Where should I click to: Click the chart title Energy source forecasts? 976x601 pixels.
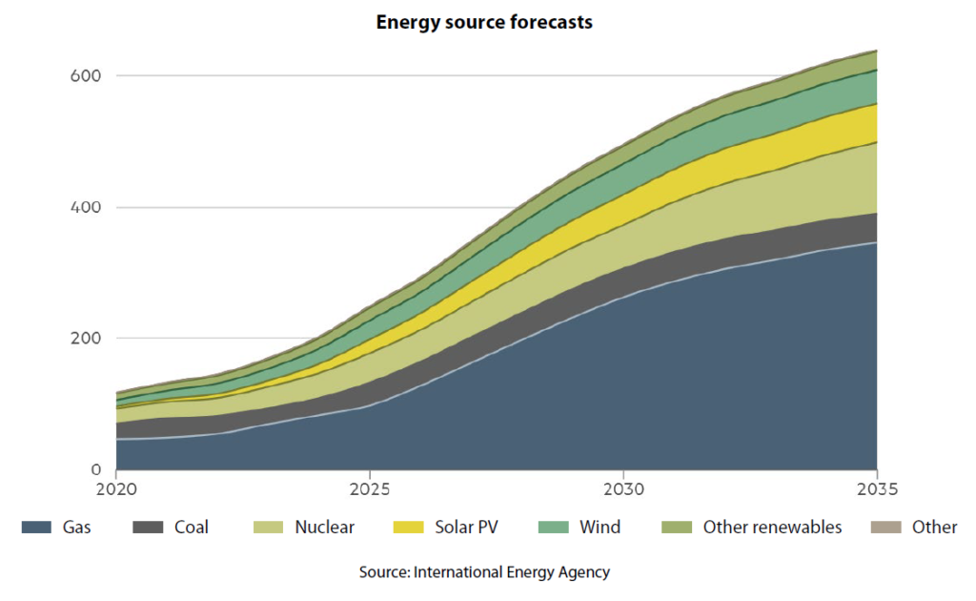[x=484, y=22]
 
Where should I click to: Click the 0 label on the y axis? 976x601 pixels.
[x=95, y=469]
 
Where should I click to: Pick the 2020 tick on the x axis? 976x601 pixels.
[x=115, y=489]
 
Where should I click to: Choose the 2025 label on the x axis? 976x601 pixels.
[x=369, y=489]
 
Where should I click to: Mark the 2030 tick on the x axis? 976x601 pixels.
[x=622, y=489]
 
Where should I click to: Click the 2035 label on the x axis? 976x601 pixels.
[x=876, y=489]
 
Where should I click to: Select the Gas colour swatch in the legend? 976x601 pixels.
[x=36, y=527]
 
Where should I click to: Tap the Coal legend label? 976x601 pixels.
[x=191, y=527]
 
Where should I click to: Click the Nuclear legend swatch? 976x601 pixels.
[x=268, y=527]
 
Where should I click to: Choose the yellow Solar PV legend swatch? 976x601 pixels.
[x=408, y=527]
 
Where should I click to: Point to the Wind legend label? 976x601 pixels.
[x=600, y=527]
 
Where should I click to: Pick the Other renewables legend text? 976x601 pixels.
[x=772, y=527]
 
